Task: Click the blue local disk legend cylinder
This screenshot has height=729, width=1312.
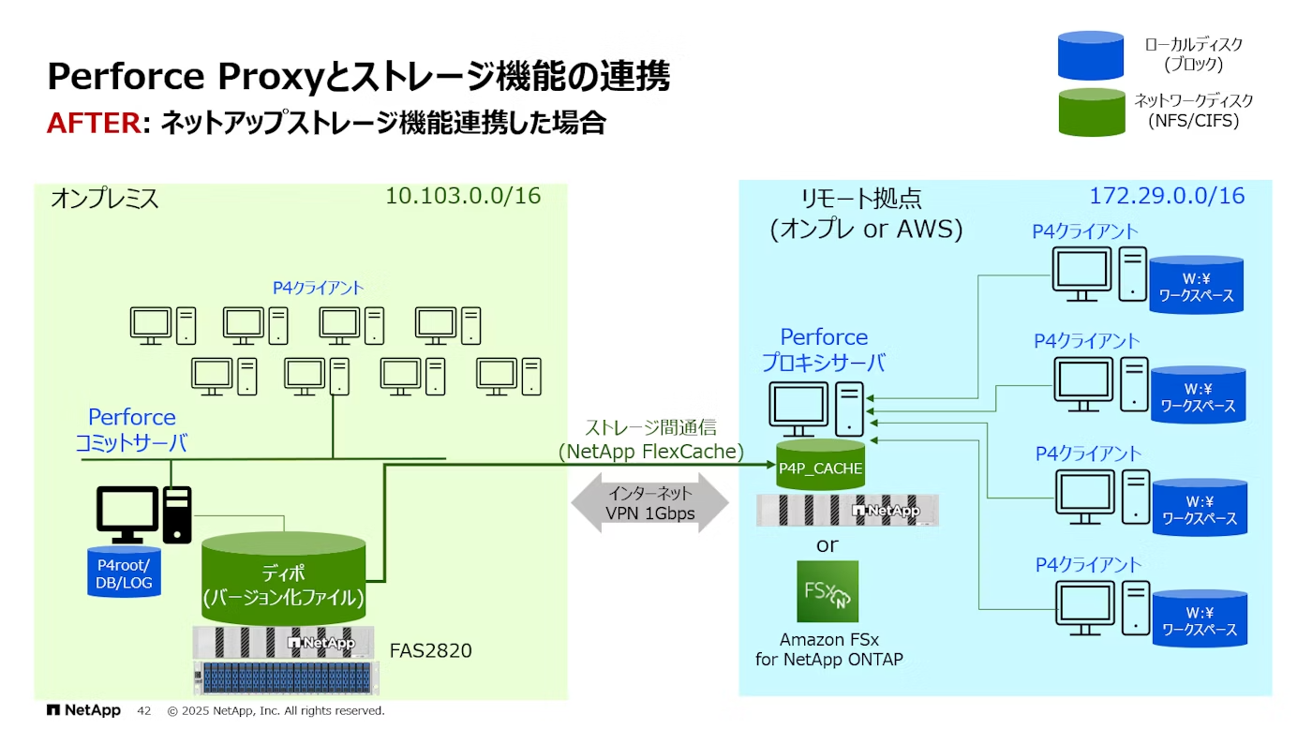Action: [1090, 55]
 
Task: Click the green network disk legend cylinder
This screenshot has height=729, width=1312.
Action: [1090, 112]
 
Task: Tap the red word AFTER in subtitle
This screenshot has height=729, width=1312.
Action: [92, 123]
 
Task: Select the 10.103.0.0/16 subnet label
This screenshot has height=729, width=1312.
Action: [463, 196]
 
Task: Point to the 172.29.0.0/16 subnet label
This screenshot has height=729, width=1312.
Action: [1167, 196]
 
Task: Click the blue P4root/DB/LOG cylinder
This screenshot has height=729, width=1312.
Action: [124, 572]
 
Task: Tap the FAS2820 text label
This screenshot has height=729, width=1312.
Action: [431, 649]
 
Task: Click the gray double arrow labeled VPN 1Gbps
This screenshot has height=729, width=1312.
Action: [649, 503]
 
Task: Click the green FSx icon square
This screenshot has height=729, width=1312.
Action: [827, 591]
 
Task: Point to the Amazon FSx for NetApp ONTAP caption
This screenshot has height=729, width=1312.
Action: [828, 649]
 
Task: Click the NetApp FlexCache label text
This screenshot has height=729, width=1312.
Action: [650, 452]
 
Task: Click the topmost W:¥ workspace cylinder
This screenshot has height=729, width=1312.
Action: [1197, 285]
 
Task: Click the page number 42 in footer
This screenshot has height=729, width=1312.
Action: [143, 711]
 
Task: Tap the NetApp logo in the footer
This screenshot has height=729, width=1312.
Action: [83, 710]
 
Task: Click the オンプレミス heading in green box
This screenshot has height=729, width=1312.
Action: [104, 199]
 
